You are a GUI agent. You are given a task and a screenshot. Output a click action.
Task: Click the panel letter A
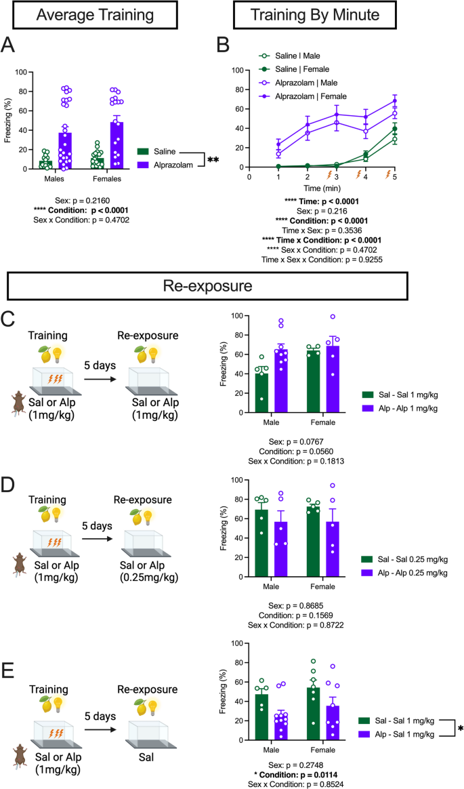click(x=9, y=45)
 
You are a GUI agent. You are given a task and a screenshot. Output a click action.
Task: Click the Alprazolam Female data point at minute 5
click(x=394, y=101)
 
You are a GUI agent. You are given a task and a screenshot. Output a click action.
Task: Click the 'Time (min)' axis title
click(x=320, y=186)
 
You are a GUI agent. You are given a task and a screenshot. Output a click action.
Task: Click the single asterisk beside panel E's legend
click(x=460, y=728)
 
